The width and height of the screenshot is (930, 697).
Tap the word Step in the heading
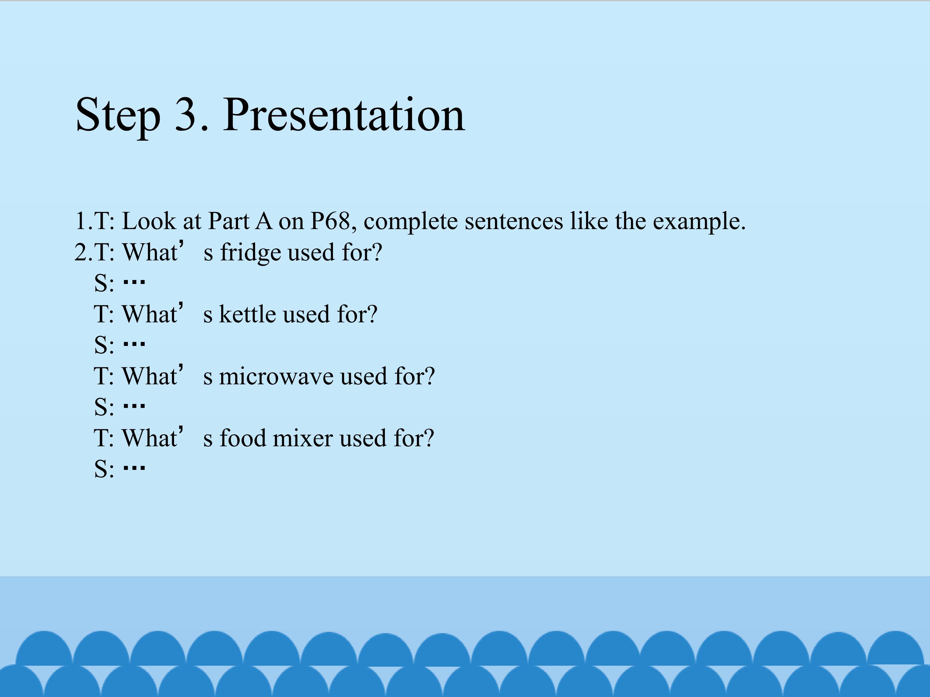(x=118, y=116)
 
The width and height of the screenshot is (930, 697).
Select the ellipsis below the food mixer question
(x=134, y=467)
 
